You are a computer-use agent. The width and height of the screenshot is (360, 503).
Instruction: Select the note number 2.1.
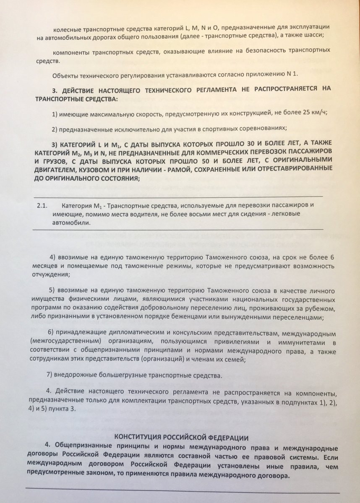42,206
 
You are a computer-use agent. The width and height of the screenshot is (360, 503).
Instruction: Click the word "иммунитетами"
295,342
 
